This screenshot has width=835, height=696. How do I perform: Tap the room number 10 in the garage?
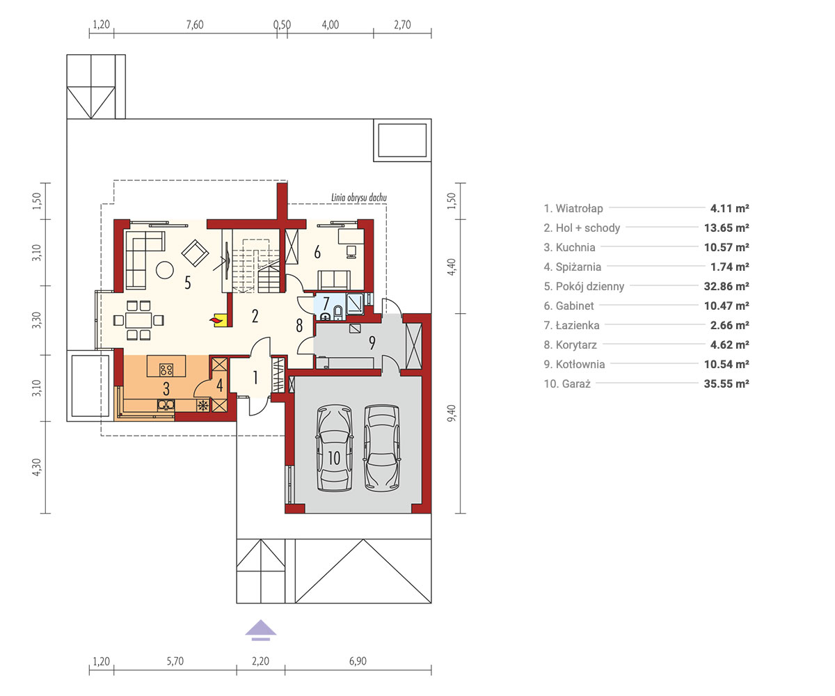click(x=334, y=458)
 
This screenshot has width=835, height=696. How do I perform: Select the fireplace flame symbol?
click(x=216, y=319)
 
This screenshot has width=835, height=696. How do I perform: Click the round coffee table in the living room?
click(x=164, y=270)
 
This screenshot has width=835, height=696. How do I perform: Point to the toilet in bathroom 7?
click(x=338, y=313)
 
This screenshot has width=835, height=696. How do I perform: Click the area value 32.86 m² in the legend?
click(x=726, y=286)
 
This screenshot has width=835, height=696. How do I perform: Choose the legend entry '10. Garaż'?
click(x=567, y=384)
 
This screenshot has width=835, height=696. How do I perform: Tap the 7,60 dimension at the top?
click(x=195, y=25)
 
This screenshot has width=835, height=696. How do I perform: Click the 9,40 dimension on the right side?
click(x=452, y=413)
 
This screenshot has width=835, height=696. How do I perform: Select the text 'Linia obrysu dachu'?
click(x=359, y=198)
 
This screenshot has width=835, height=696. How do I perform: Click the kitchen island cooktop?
click(x=166, y=370)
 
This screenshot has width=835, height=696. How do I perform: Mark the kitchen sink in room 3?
click(x=166, y=405)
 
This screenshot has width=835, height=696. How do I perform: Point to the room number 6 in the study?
click(x=317, y=253)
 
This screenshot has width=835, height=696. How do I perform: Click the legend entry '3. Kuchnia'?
click(x=569, y=248)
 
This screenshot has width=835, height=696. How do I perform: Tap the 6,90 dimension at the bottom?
click(x=358, y=661)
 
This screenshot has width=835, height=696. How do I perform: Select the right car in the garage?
click(x=381, y=448)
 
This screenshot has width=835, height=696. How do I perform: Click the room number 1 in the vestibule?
click(x=255, y=378)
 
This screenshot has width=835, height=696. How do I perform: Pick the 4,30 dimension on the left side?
click(x=36, y=467)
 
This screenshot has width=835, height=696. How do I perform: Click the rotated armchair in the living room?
click(x=195, y=253)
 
